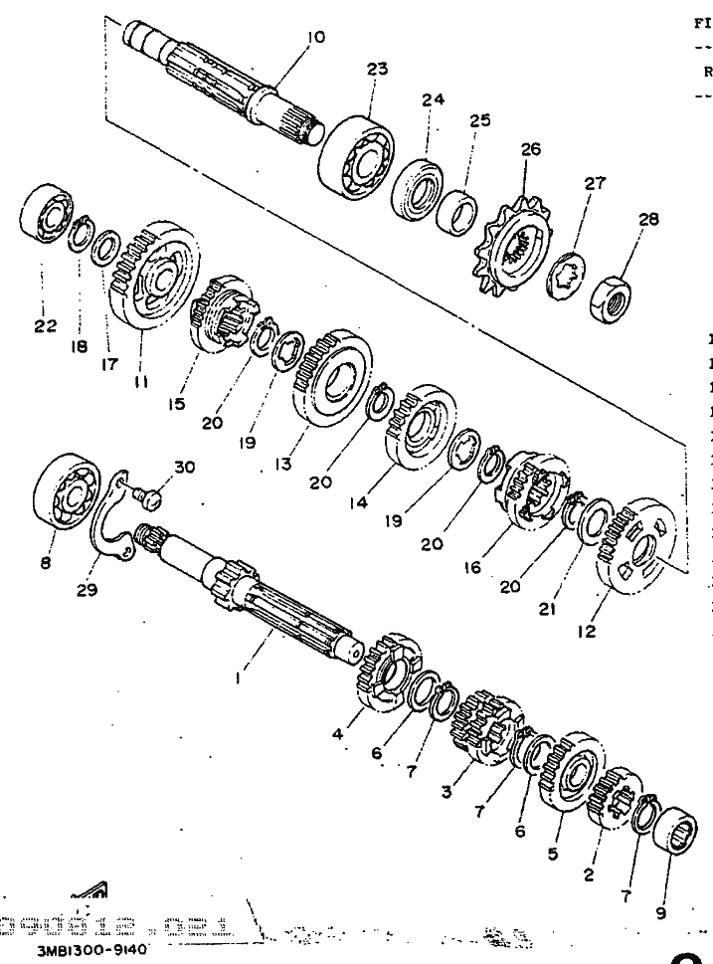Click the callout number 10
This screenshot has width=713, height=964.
[x=315, y=38]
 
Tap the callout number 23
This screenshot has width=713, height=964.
[x=376, y=70]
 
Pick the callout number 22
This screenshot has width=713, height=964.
[x=46, y=325]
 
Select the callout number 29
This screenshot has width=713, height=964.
[x=88, y=589]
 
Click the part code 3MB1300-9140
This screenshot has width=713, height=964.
[x=93, y=950]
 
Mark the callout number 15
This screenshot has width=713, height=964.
[x=177, y=404]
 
